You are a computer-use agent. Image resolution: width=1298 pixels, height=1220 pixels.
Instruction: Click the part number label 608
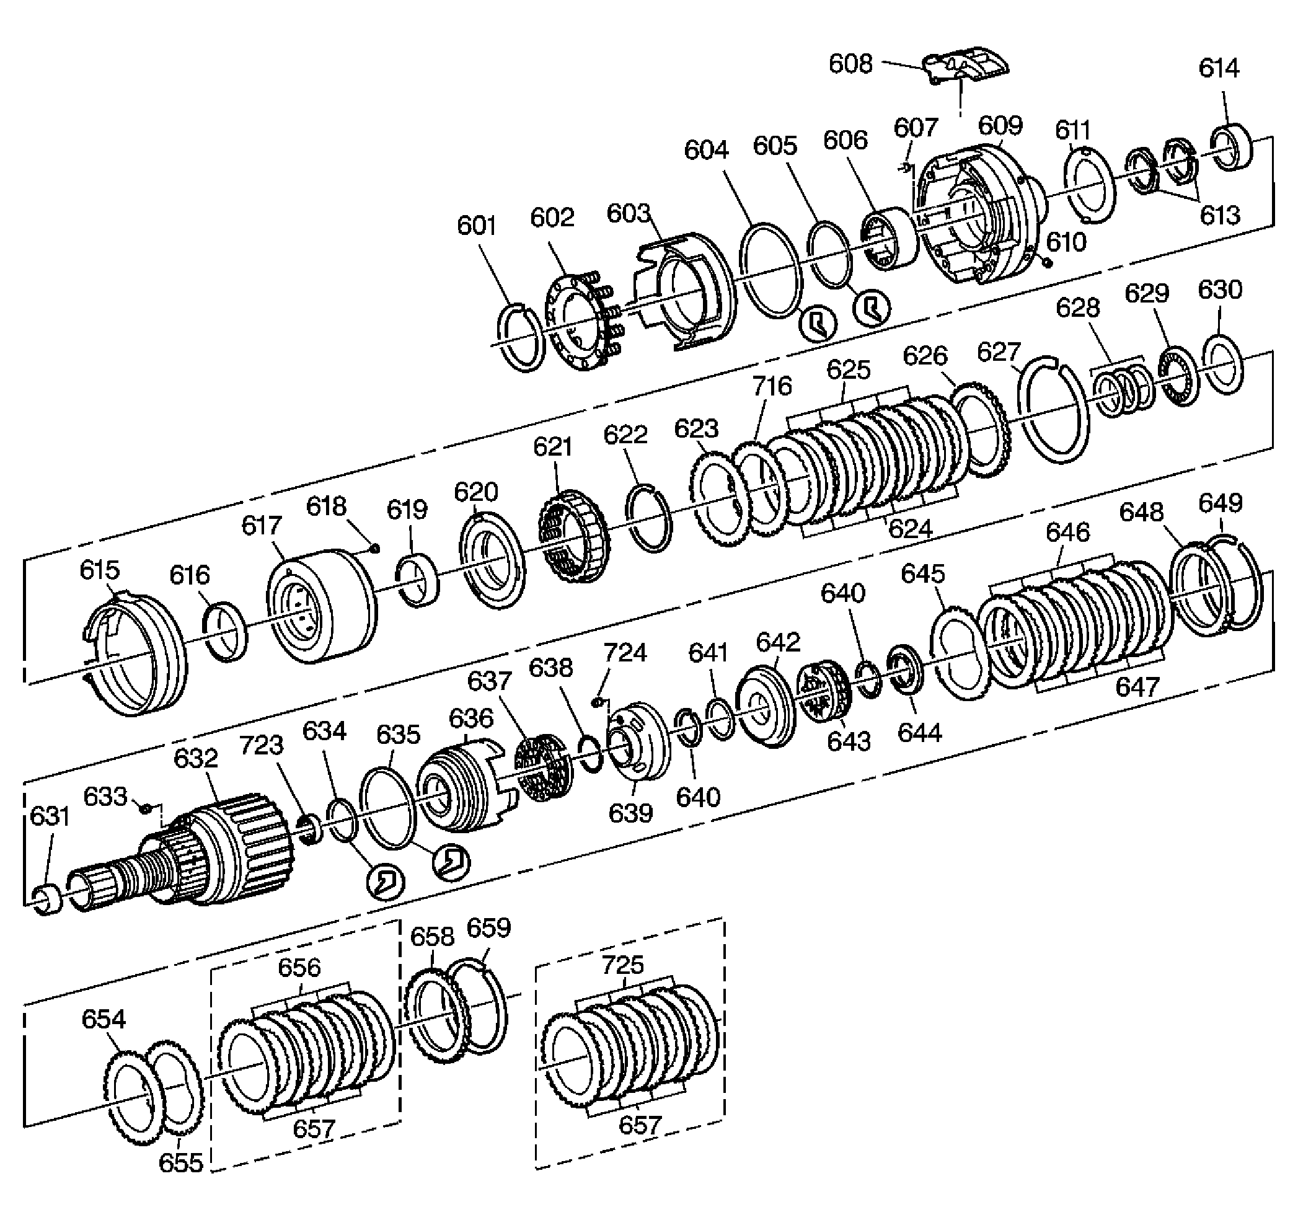point(850,64)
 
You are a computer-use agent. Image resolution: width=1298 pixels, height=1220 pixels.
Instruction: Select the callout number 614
point(1218,68)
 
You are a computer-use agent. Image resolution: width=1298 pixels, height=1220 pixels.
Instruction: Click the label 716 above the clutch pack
point(772,386)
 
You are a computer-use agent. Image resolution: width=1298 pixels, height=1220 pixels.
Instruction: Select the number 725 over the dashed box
point(623,965)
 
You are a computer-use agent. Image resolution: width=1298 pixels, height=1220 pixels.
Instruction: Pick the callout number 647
point(1137,686)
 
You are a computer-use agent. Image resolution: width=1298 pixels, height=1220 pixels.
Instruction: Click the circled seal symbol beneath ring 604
point(819,322)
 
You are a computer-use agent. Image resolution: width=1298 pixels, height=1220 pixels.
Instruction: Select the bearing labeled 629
point(1178,378)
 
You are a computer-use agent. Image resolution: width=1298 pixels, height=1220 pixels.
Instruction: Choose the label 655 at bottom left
point(181,1162)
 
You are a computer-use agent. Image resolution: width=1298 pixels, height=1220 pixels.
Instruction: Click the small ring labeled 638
point(591,753)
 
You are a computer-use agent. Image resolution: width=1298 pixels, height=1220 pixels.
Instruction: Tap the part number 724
point(625,652)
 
